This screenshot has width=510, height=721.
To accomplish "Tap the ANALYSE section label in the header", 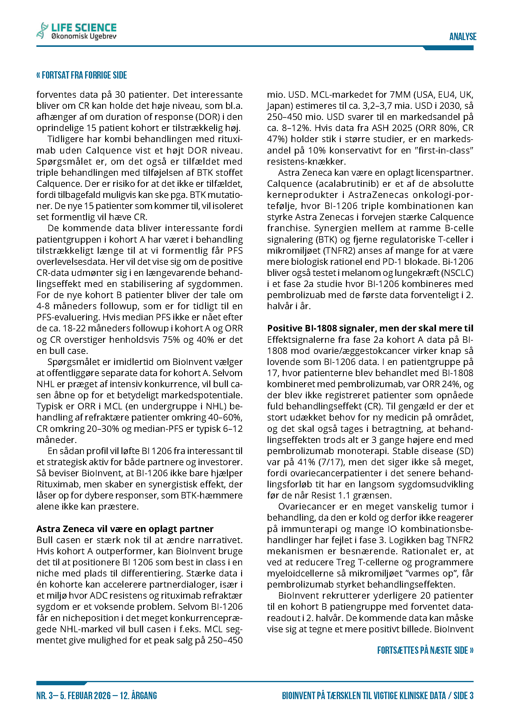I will (x=463, y=37).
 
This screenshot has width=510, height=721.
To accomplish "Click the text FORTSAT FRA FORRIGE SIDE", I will (x=82, y=75).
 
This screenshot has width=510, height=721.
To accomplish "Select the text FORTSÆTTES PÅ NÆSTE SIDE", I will (x=425, y=650).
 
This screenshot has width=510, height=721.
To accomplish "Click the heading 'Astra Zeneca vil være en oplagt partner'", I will (x=125, y=529).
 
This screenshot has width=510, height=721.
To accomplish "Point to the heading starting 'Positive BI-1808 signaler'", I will (x=370, y=328).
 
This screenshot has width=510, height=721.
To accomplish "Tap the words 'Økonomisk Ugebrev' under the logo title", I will (x=84, y=36).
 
